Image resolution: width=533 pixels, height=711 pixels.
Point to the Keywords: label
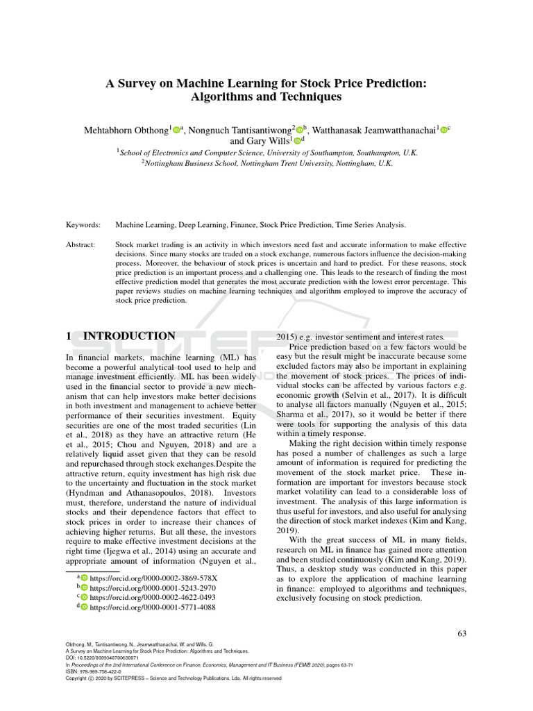[x=83, y=225]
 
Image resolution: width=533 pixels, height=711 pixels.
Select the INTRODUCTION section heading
[x=129, y=336]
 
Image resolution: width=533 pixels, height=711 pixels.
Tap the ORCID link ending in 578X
[x=153, y=577]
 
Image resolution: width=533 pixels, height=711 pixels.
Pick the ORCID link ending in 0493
[x=152, y=596]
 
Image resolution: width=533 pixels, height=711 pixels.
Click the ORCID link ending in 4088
[x=152, y=606]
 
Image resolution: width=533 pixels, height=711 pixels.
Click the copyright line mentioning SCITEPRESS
[x=173, y=678]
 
